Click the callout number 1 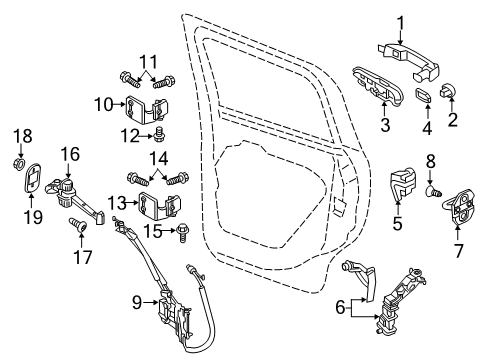pyautogui.click(x=400, y=22)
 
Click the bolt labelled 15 pyautogui.click(x=68, y=153)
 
